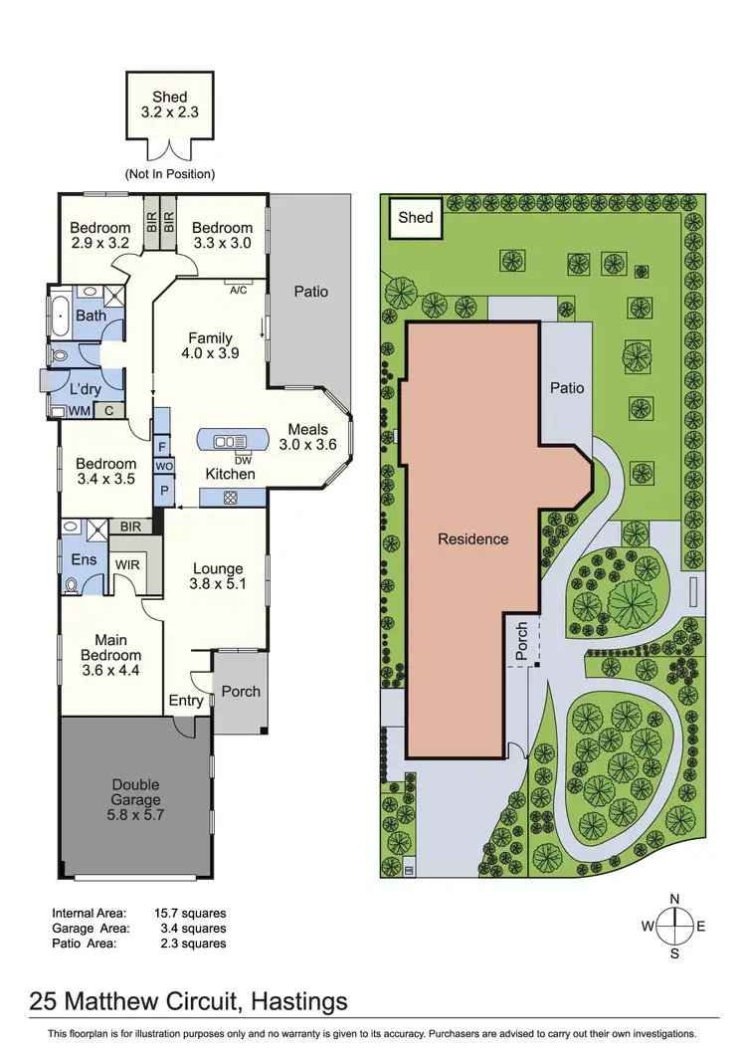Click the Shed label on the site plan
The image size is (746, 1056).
coord(415,217)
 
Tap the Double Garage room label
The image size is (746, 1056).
coord(135,792)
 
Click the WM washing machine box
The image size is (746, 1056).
coord(78,410)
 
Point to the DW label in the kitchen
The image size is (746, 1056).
coord(242,459)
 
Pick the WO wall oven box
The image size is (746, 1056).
coord(161,466)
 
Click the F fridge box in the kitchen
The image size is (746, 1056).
coord(161,447)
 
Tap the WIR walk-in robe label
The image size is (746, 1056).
coord(127,565)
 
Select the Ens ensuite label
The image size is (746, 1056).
coord(84,559)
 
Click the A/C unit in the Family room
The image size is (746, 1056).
coord(238,290)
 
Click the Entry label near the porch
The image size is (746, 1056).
coord(186,700)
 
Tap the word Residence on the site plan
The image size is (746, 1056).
coord(472,538)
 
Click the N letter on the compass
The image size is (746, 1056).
coord(674,900)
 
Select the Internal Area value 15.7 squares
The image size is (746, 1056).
coord(190,912)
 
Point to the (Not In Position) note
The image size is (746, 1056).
coord(169,173)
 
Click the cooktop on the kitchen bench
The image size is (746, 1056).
coord(230,498)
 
